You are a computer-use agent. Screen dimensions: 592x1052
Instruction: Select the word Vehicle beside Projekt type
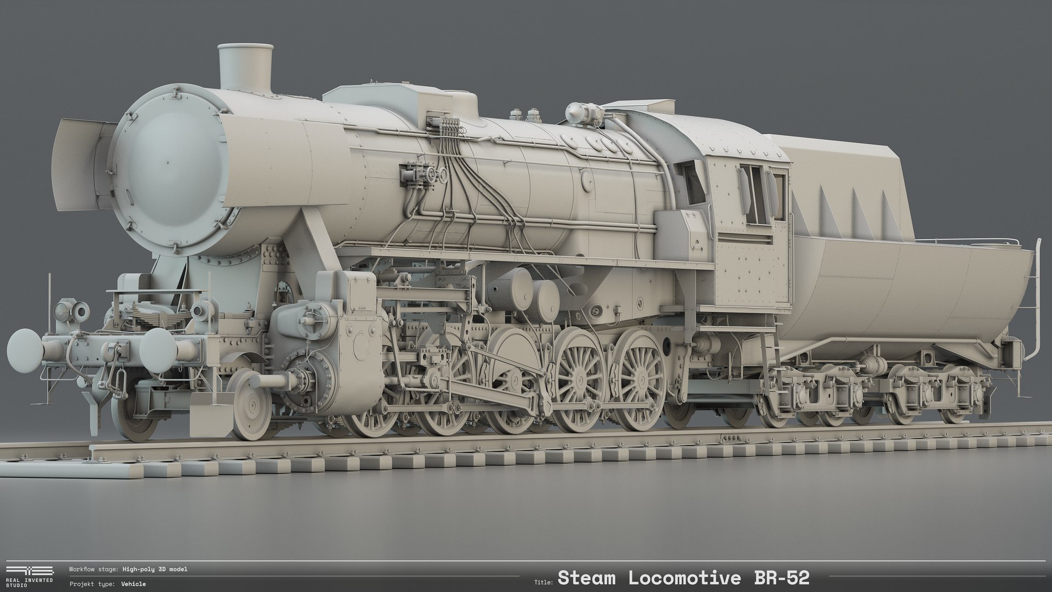134,584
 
